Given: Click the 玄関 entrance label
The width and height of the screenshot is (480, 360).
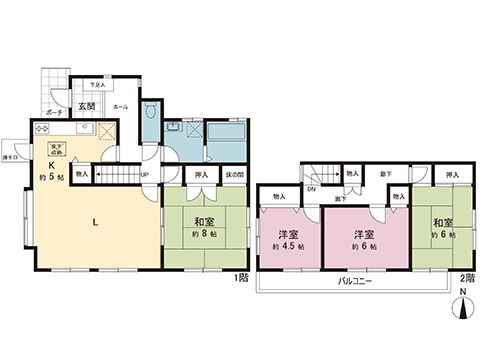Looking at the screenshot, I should point(87,104).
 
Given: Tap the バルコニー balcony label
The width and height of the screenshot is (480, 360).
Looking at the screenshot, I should point(350,281).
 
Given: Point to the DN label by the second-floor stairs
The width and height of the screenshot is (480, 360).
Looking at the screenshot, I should point(311,189).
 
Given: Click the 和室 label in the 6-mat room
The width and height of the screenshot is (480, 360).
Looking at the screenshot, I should point(443,222).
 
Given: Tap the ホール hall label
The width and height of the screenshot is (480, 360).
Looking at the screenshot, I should point(120,104).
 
